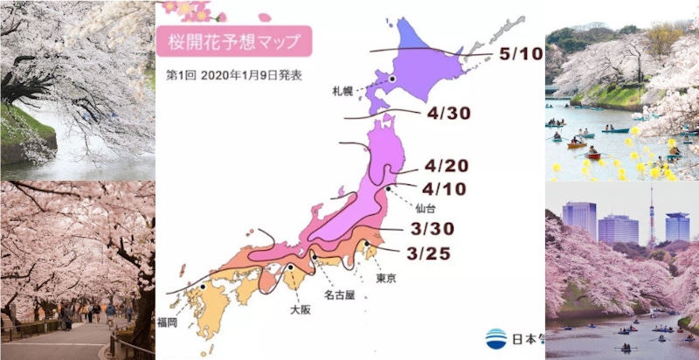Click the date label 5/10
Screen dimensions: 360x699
pyautogui.click(x=521, y=54)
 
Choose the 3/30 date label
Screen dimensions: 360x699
pyautogui.click(x=432, y=229)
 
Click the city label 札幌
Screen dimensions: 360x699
pyautogui.click(x=343, y=90)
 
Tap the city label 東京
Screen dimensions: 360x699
pyautogui.click(x=386, y=278)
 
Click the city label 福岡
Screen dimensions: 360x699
pyautogui.click(x=191, y=322)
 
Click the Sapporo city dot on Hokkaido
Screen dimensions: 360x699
pyautogui.click(x=392, y=80)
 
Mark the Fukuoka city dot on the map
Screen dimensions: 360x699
pyautogui.click(x=202, y=287)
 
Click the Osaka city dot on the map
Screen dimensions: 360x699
pyautogui.click(x=289, y=267)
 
